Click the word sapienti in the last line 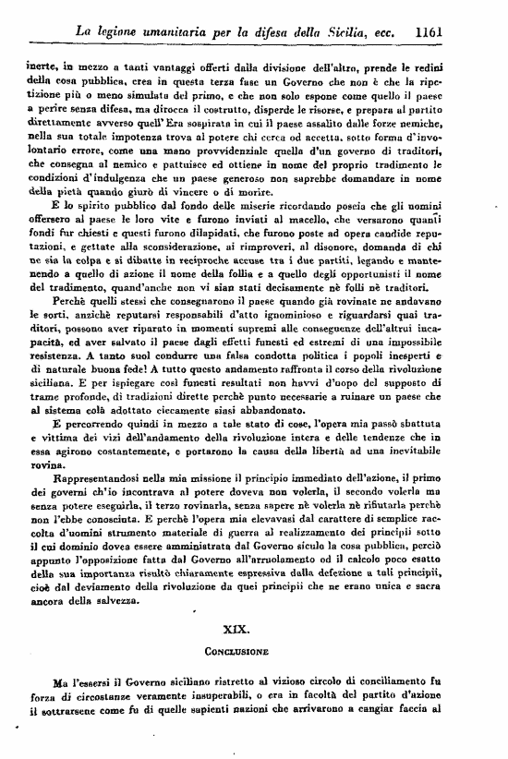pyautogui.click(x=235, y=710)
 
